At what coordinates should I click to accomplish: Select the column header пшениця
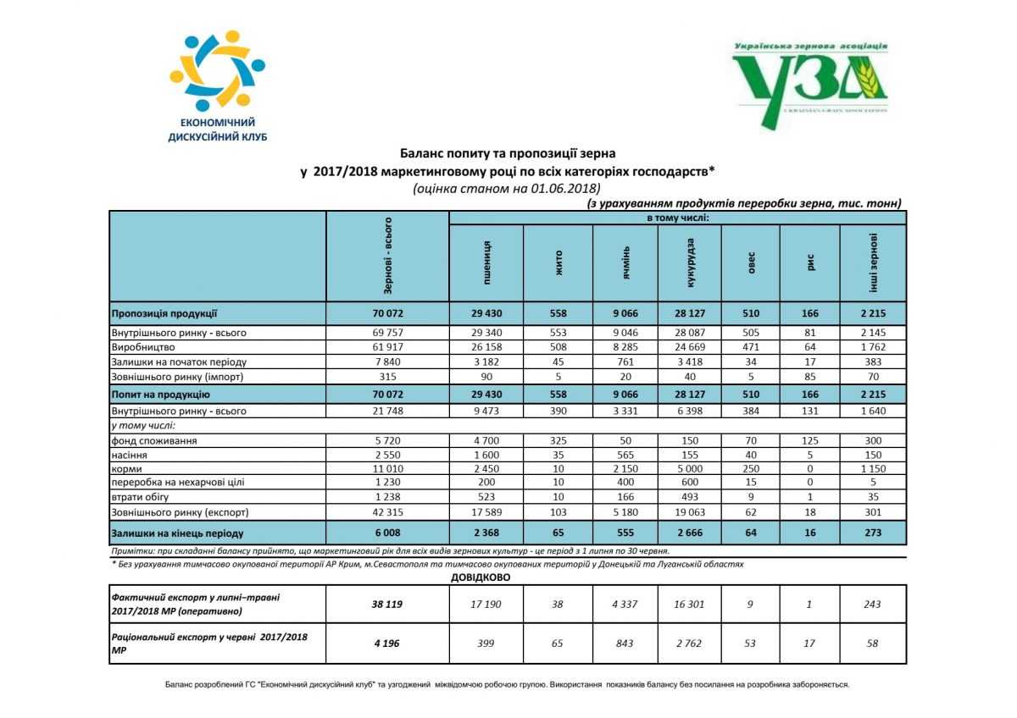tap(486, 262)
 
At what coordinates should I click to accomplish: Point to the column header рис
tap(809, 262)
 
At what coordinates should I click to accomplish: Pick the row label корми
tap(126, 468)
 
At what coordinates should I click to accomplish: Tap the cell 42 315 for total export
tap(387, 512)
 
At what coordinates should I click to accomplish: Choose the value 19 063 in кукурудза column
tap(689, 512)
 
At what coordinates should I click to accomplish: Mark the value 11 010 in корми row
tap(387, 468)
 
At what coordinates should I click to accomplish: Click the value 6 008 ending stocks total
tap(387, 533)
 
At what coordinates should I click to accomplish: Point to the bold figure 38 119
tap(387, 604)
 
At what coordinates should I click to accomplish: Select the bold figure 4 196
tap(387, 643)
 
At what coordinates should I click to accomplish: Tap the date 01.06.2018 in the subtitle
tap(565, 188)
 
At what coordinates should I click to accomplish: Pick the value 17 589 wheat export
tap(486, 512)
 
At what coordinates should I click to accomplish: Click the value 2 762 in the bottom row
tap(689, 643)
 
